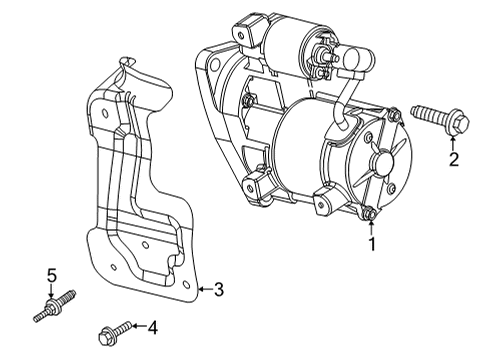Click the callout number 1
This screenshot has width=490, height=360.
(x=373, y=242)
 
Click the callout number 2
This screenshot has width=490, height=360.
(x=454, y=158)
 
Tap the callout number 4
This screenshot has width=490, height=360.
(x=152, y=326)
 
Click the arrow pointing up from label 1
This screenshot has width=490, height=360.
(x=373, y=225)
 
